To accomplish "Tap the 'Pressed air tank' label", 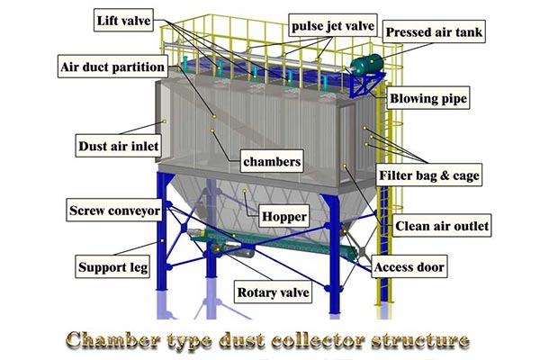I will tap(435, 33).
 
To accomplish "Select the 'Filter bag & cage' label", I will tap(429, 174).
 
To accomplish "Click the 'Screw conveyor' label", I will tap(115, 211).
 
